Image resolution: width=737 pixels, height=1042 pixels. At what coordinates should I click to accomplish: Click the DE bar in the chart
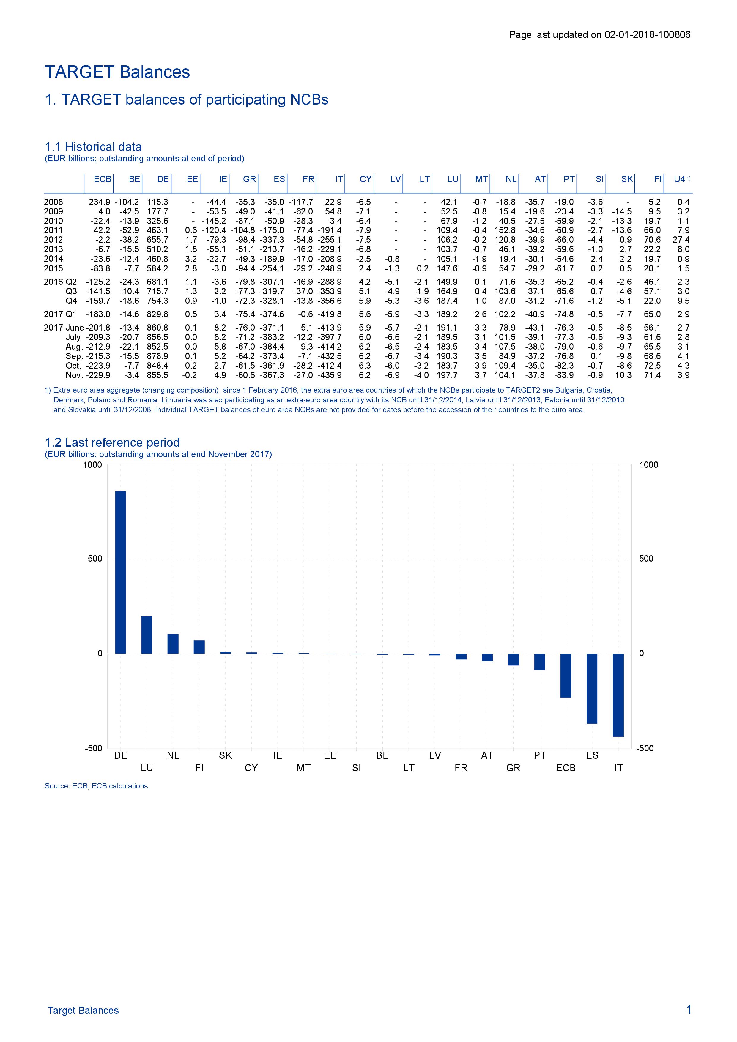[120, 572]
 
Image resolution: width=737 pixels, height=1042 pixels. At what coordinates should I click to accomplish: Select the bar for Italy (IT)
[618, 695]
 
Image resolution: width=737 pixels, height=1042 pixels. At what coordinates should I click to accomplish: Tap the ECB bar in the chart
[566, 675]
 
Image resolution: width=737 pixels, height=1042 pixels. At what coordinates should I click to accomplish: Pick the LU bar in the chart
[147, 635]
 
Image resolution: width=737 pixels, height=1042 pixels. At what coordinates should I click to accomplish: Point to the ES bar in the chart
[592, 688]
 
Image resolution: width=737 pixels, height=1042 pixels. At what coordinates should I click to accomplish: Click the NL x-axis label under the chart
[173, 755]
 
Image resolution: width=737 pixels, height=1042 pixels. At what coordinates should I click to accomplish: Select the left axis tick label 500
[95, 559]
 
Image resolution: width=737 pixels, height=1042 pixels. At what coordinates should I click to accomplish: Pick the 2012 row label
[53, 240]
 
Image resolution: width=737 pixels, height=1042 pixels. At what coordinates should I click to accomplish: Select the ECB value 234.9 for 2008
[100, 202]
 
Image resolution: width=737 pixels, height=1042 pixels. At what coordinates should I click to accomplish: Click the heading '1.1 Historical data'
[93, 147]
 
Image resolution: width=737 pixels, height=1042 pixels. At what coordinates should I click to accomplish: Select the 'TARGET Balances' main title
[117, 72]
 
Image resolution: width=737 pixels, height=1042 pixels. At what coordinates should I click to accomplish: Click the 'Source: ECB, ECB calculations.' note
[97, 786]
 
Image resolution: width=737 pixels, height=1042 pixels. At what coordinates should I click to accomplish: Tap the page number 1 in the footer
[689, 1010]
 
